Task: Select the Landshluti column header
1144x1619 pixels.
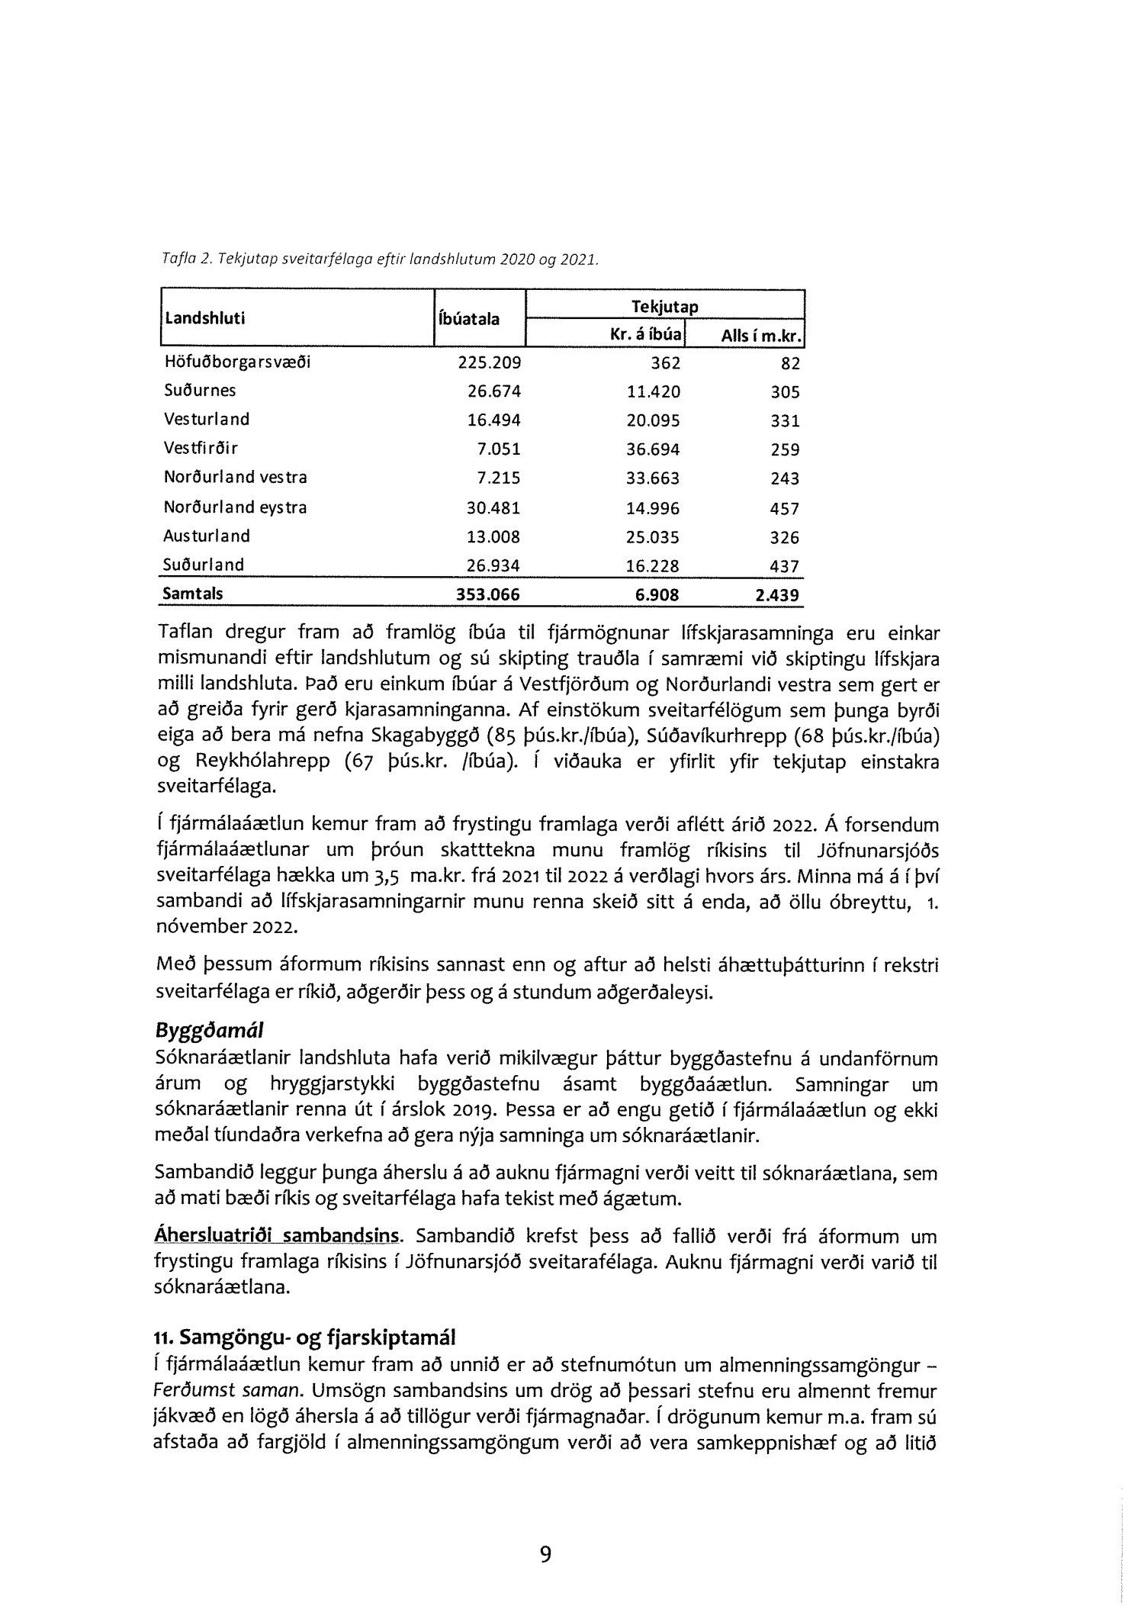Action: tap(204, 318)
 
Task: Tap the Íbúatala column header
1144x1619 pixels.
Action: tap(468, 318)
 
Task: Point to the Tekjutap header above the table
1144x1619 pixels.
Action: tap(664, 306)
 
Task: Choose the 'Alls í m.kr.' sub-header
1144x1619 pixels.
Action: tap(753, 336)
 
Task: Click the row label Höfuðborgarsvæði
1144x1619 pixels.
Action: tap(237, 362)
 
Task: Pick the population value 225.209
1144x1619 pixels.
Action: tap(489, 362)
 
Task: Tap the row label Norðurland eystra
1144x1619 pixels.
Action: tap(235, 507)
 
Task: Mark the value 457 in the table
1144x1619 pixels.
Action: tap(785, 508)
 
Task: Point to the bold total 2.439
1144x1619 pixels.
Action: tap(777, 595)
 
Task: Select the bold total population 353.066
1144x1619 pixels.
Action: tap(488, 594)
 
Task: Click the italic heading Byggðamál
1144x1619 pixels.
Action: tap(209, 1031)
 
